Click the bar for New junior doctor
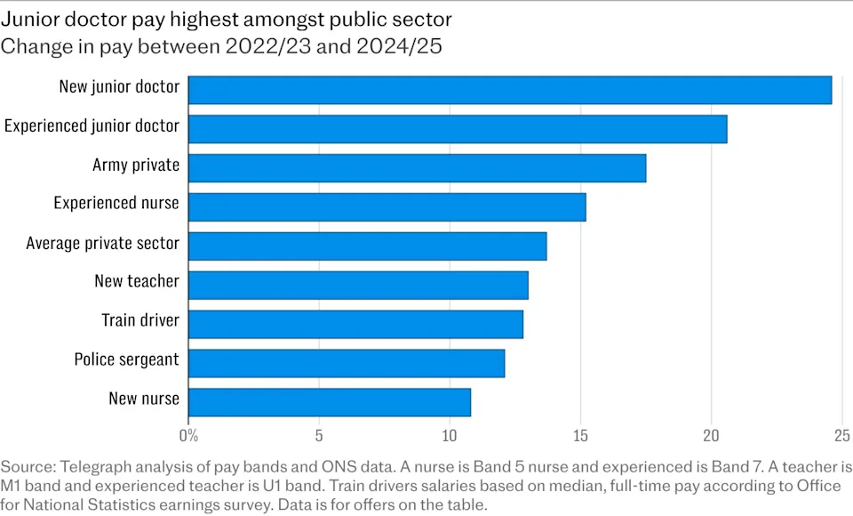510,90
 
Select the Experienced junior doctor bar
458,129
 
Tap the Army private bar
417,167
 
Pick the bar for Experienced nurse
387,206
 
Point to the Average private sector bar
367,246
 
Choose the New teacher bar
358,285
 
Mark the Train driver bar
355,324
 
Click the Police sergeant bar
347,363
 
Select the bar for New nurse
330,402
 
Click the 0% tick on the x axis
188,436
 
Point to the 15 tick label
580,436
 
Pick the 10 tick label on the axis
450,436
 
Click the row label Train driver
140,320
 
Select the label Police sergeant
126,359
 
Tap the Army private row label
136,165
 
